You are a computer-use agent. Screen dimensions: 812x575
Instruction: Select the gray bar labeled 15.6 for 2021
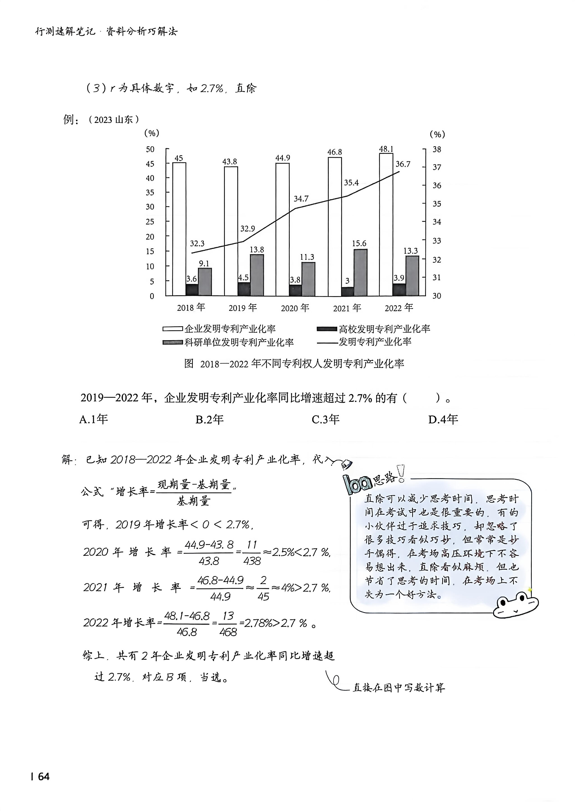(x=360, y=273)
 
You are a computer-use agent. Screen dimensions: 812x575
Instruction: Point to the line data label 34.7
(x=301, y=199)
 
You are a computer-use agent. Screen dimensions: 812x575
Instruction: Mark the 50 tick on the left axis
(x=150, y=149)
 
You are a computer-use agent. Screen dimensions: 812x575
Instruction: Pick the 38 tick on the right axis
(x=437, y=149)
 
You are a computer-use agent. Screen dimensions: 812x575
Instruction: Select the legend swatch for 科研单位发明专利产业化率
(x=173, y=343)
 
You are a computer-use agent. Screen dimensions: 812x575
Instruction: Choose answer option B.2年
(x=210, y=420)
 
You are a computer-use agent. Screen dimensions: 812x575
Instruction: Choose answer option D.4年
(x=443, y=420)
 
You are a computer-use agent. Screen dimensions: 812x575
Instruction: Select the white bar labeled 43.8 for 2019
(x=231, y=231)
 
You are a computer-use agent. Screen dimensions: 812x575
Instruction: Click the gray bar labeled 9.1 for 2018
(x=205, y=282)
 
